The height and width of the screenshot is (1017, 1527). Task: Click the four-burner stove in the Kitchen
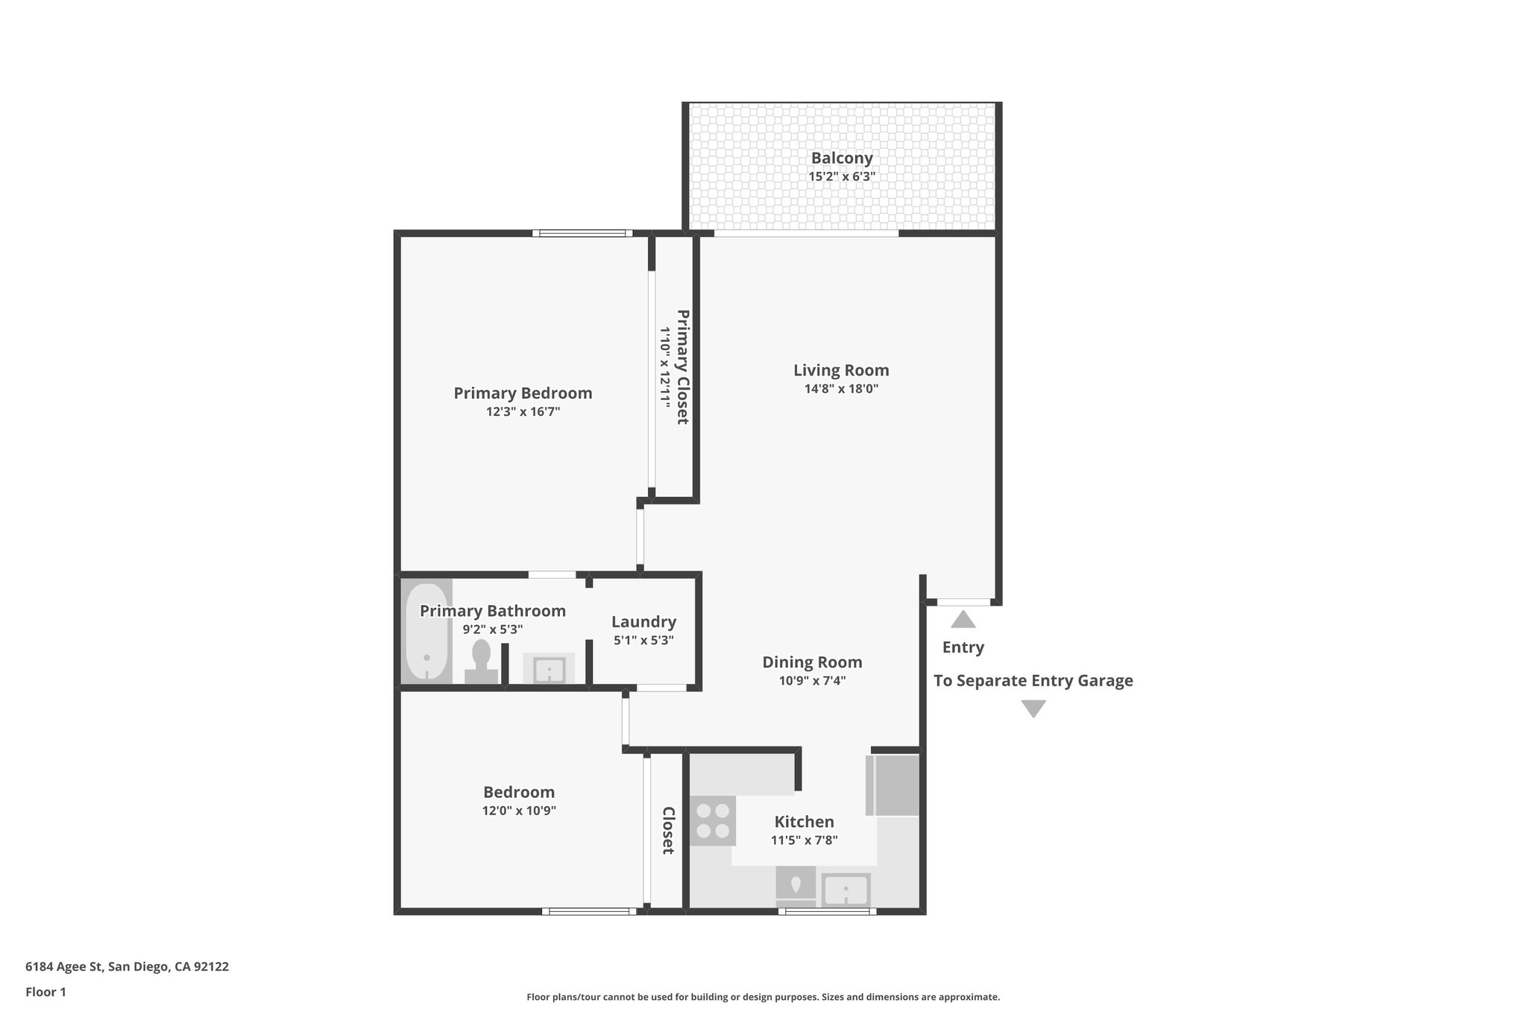click(712, 820)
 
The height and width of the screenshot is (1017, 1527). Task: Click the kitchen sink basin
click(846, 890)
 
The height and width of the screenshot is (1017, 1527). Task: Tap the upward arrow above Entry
click(963, 619)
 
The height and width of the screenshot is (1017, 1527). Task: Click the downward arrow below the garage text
click(1033, 709)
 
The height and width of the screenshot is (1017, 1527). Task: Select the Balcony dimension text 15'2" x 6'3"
click(842, 177)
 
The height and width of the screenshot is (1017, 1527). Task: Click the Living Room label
click(841, 370)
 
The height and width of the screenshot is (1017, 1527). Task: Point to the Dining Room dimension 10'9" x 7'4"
click(812, 680)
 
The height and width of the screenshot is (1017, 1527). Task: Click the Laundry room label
click(643, 622)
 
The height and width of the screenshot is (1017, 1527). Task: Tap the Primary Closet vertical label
click(681, 367)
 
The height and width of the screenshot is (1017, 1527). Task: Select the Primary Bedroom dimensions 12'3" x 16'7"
click(523, 411)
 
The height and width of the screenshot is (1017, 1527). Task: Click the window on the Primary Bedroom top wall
click(582, 233)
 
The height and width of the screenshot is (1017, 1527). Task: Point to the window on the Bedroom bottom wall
click(589, 910)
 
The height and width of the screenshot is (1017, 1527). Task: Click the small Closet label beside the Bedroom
click(668, 830)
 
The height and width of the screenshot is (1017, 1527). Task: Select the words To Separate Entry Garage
click(1033, 680)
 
